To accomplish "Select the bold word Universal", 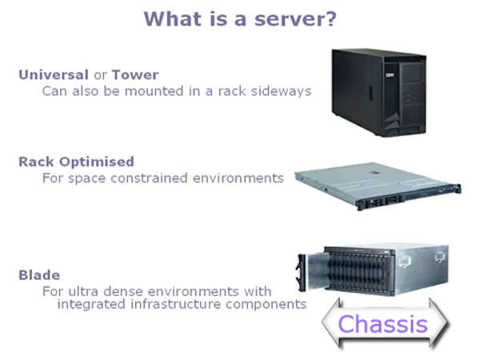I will (54, 75).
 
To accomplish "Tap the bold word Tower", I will (135, 75).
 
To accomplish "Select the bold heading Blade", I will (38, 275).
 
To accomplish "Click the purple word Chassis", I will (382, 324).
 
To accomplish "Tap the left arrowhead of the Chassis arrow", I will (330, 324).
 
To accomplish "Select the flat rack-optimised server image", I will (376, 186).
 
